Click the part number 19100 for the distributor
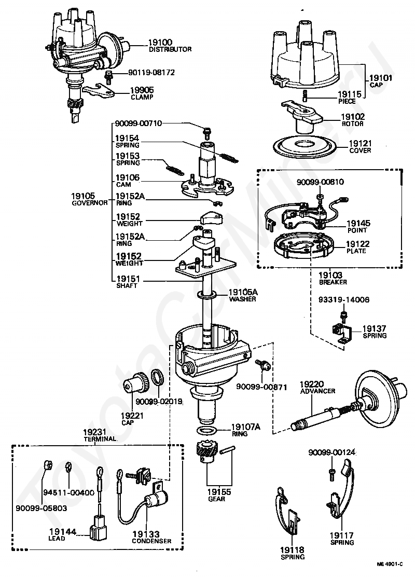[160, 43]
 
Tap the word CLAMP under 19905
[142, 98]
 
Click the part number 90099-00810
[320, 182]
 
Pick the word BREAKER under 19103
[333, 282]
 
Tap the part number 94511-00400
[69, 492]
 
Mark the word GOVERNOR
[90, 203]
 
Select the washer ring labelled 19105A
[208, 295]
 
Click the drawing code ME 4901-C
[390, 564]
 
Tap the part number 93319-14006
[344, 300]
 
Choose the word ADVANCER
[317, 391]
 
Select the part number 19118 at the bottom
[293, 550]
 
